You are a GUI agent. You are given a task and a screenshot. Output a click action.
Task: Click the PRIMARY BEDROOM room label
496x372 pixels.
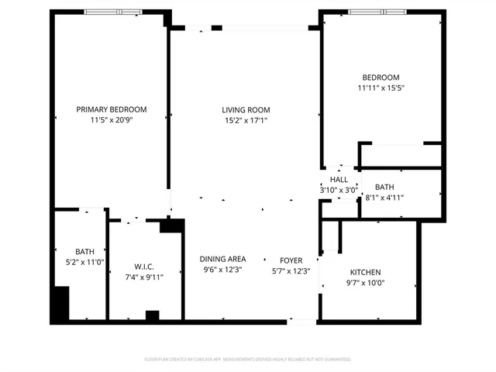point(111,109)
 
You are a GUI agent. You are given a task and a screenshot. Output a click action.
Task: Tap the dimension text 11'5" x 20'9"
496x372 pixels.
point(111,120)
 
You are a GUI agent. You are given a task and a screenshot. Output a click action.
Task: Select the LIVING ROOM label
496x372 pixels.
point(246,109)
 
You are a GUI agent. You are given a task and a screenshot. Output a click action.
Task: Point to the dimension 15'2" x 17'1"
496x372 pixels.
point(246,120)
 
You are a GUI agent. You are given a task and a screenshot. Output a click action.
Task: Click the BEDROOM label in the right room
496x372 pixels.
point(381,77)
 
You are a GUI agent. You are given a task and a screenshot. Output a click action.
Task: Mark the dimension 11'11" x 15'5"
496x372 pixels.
point(381,88)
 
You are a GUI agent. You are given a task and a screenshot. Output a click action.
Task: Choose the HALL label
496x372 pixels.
point(339,179)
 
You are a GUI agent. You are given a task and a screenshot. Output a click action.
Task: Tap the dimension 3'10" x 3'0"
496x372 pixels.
point(339,189)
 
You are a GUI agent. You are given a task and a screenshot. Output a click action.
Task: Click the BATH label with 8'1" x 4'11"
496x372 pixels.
point(384,188)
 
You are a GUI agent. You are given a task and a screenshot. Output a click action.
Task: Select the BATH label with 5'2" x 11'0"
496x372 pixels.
point(84,252)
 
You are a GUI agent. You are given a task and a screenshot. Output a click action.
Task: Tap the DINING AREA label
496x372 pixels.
point(222,259)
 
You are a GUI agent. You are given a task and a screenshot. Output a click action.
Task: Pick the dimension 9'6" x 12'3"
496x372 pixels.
point(222,270)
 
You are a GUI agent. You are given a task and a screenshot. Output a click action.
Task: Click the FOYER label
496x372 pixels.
point(291,260)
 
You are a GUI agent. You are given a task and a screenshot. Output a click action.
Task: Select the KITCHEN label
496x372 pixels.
point(365,272)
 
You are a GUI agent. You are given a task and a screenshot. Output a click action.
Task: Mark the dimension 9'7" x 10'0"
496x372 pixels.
point(365,283)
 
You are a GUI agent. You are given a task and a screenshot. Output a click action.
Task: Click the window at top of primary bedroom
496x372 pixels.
point(113,12)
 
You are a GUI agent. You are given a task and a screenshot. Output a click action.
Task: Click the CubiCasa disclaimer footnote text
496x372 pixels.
point(247,360)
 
